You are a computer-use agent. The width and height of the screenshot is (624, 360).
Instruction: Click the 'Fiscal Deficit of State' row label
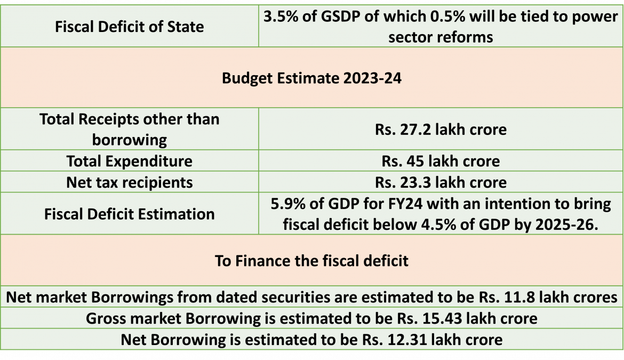(x=129, y=26)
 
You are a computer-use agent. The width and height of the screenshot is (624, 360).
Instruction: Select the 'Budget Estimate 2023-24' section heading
(x=311, y=78)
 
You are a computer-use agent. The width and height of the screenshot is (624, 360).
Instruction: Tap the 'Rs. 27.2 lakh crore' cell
(x=441, y=129)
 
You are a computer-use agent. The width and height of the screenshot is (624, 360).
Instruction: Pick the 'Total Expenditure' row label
(x=129, y=161)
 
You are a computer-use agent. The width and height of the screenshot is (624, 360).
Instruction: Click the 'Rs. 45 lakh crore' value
(x=441, y=161)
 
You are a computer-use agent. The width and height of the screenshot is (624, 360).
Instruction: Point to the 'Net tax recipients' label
(x=129, y=182)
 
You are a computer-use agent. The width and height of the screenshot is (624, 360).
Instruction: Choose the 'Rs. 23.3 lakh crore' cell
(x=441, y=182)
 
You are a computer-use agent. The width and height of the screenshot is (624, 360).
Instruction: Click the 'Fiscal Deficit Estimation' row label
(x=129, y=214)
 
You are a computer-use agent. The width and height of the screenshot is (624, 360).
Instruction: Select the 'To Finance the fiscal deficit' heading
(x=311, y=261)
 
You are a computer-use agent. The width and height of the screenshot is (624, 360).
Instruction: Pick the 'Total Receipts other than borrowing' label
(x=129, y=129)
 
